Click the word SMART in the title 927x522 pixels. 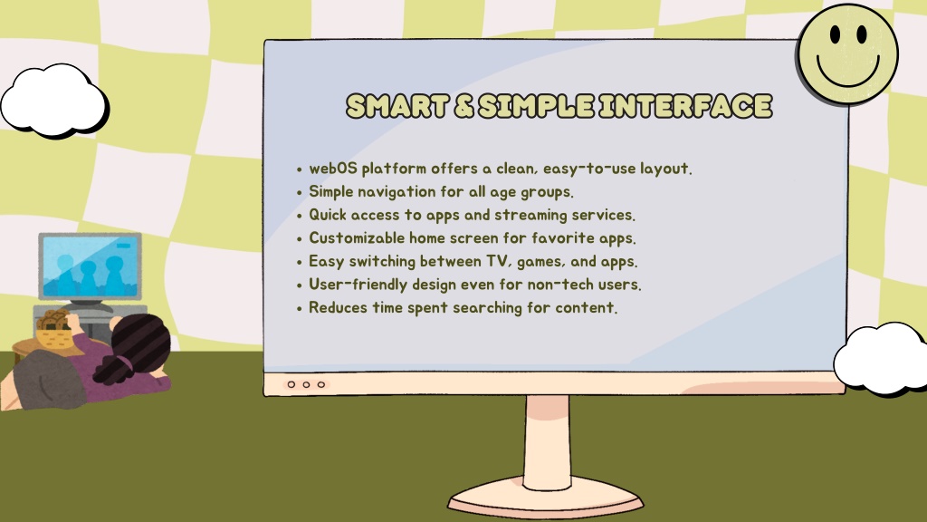397,106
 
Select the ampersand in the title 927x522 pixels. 463,107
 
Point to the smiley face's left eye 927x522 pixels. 835,35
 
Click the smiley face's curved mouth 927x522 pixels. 847,75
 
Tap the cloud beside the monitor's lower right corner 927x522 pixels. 880,359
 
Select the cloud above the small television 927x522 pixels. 54,101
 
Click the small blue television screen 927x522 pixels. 90,266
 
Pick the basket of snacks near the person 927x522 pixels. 53,330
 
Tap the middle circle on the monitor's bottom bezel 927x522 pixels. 306,384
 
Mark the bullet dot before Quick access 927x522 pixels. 299,216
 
